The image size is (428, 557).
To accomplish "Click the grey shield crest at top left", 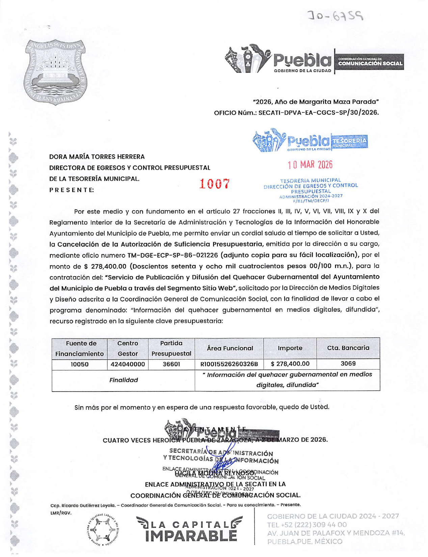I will [55, 72].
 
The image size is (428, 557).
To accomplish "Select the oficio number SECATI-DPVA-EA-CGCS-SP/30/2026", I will [318, 112].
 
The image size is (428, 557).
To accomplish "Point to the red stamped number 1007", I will [214, 184].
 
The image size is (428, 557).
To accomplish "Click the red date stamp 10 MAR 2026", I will [310, 165].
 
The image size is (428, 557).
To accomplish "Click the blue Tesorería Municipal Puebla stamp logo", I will [310, 141].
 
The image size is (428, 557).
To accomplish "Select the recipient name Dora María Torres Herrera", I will [97, 157].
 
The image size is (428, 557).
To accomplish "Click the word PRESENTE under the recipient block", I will [72, 190].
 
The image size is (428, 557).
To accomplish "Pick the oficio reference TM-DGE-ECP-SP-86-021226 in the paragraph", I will [173, 255].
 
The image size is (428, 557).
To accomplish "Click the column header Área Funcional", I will [230, 348].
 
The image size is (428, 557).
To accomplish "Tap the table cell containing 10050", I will [79, 364].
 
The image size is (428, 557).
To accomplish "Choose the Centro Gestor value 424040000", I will [128, 364].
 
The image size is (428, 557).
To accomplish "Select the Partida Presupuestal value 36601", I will [171, 364].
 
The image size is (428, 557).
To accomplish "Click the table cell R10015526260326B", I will [229, 364].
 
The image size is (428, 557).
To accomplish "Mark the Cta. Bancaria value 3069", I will [348, 364].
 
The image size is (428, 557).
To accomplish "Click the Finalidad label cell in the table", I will [124, 380].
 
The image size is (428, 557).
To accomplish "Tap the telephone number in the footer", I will [306, 525].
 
